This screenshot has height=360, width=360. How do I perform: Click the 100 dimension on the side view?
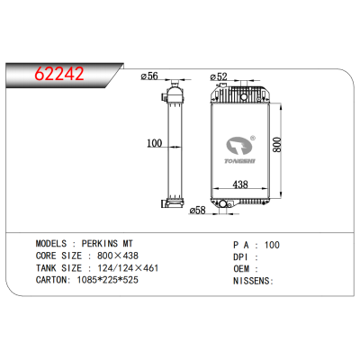point(153,143)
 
